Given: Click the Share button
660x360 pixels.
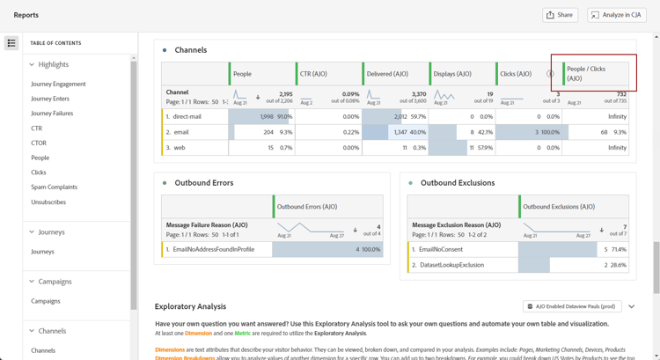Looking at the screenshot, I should tap(560, 15).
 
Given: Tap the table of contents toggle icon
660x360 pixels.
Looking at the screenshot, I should tap(11, 43).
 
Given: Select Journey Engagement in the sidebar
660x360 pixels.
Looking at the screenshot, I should tap(58, 84).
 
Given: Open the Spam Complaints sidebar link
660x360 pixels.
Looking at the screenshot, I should tap(54, 187).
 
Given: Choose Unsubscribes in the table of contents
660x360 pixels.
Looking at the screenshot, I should tap(48, 202).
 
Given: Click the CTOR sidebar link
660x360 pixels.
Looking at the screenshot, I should tap(39, 143).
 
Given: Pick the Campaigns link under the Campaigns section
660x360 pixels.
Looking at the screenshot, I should tap(46, 301).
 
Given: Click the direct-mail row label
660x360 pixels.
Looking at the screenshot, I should tap(187, 116).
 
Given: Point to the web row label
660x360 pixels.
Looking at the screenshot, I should tap(179, 148).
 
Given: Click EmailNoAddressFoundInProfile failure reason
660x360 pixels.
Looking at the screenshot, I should tap(213, 249).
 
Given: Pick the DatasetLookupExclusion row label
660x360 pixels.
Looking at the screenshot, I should tap(451, 265).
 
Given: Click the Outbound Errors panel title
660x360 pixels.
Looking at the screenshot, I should tap(203, 183).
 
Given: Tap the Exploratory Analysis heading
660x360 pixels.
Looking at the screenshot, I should tap(190, 306).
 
